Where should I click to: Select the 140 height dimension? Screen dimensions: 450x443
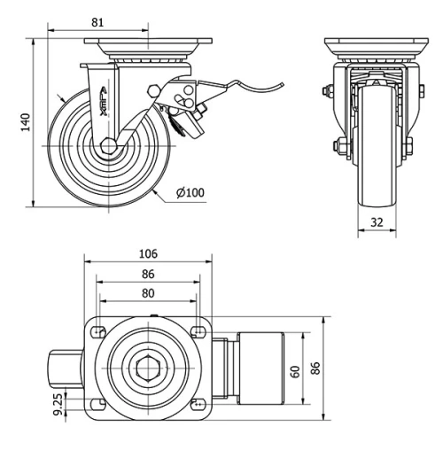click(26, 121)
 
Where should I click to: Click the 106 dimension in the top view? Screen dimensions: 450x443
click(149, 253)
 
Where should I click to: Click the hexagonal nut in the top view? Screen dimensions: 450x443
click(147, 367)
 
